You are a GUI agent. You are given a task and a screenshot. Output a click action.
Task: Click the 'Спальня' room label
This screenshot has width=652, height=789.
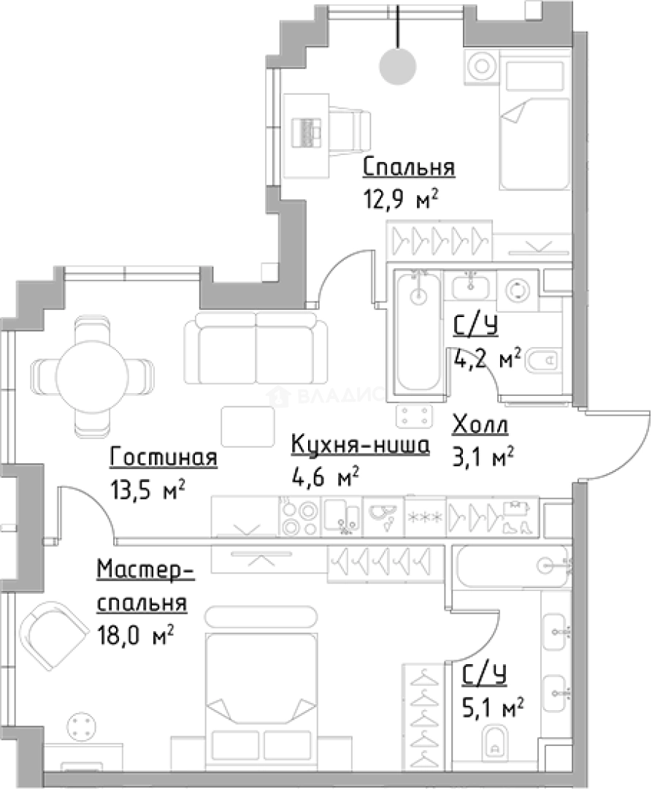pyautogui.click(x=409, y=167)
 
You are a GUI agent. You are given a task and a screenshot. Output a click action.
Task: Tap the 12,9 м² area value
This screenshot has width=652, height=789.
pyautogui.click(x=401, y=199)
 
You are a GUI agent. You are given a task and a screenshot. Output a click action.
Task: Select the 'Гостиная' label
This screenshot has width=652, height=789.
pyautogui.click(x=164, y=457)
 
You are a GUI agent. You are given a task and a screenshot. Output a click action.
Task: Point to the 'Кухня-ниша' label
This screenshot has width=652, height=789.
pyautogui.click(x=361, y=445)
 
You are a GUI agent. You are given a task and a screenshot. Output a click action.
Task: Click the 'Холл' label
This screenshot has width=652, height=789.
pyautogui.click(x=480, y=424)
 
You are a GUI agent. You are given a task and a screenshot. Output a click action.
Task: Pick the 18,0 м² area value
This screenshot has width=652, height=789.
pyautogui.click(x=135, y=635)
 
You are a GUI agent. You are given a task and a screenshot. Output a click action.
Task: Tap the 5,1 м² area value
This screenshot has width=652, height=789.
pyautogui.click(x=493, y=707)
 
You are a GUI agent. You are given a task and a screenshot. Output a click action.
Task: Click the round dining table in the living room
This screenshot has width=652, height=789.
pyautogui.click(x=92, y=376)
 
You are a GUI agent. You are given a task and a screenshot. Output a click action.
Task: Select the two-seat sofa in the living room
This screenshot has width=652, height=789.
pyautogui.click(x=256, y=348)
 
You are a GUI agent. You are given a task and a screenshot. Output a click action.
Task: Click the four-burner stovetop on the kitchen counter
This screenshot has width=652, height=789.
pyautogui.click(x=299, y=517)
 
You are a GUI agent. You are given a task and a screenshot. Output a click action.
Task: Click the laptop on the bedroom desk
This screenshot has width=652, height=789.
pyautogui.click(x=306, y=132)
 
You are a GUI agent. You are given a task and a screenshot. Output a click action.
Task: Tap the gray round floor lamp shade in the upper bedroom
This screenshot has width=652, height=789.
pyautogui.click(x=398, y=66)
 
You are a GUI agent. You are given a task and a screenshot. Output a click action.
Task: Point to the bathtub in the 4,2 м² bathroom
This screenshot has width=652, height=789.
pyautogui.click(x=418, y=332)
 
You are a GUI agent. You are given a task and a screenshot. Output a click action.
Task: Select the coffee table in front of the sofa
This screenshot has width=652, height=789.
pyautogui.click(x=248, y=427)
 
